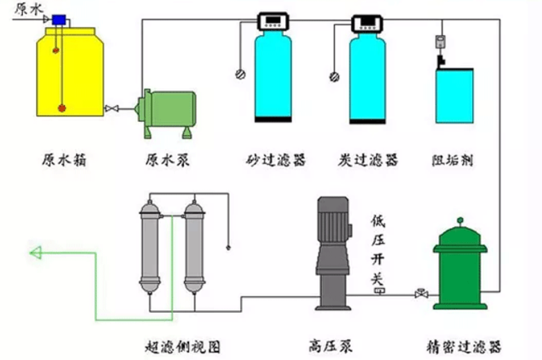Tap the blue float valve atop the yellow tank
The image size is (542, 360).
(57, 20)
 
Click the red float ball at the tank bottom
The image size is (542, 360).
(62, 108)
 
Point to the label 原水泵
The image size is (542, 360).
(167, 161)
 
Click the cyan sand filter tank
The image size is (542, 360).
(273, 76)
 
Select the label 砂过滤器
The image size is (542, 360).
(275, 161)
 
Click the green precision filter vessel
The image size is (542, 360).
(460, 267)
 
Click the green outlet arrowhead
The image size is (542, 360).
(35, 254)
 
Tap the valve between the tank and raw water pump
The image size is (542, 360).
(111, 109)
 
